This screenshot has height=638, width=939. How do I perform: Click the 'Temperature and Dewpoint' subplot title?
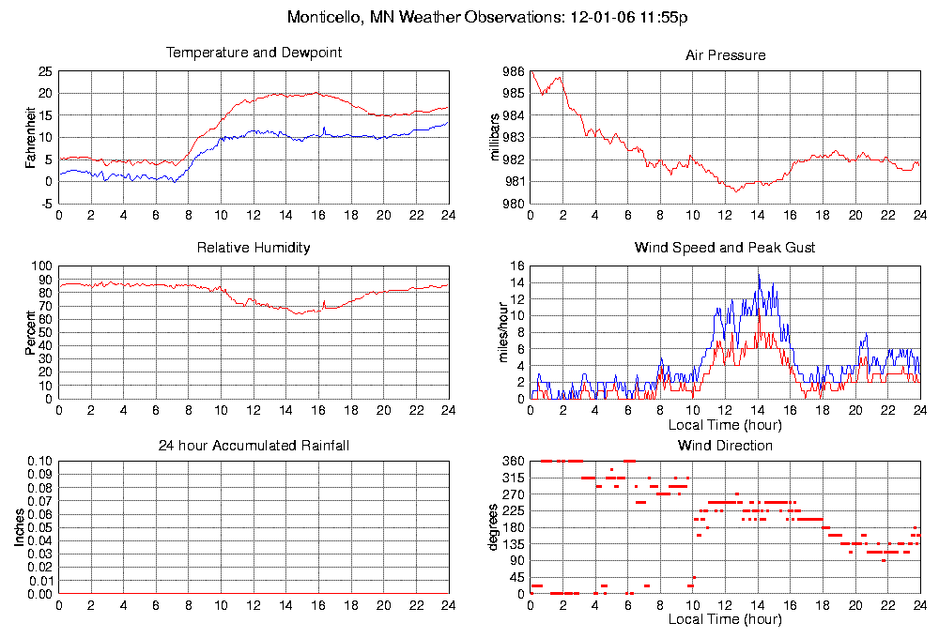254,53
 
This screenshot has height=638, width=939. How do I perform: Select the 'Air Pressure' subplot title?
725,55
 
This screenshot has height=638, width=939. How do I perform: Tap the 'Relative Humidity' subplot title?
254,248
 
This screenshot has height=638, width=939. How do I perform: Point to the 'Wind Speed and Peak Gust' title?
725,248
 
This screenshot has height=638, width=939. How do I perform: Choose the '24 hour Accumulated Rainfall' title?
254,445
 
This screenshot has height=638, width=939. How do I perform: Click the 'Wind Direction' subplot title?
725,445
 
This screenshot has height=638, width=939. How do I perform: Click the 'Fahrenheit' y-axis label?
31,137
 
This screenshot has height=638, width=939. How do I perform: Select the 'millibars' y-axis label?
498,137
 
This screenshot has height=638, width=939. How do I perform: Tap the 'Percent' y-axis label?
31,333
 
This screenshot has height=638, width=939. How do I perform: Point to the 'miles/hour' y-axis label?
498,333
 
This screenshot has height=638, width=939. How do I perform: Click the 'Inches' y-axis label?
19,528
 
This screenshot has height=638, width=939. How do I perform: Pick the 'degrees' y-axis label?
494,528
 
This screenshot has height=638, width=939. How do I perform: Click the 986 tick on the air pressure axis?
513,72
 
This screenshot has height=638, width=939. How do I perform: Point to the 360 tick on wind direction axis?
513,462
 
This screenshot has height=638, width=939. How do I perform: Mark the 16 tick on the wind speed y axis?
516,266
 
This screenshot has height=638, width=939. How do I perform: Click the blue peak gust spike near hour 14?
759,275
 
